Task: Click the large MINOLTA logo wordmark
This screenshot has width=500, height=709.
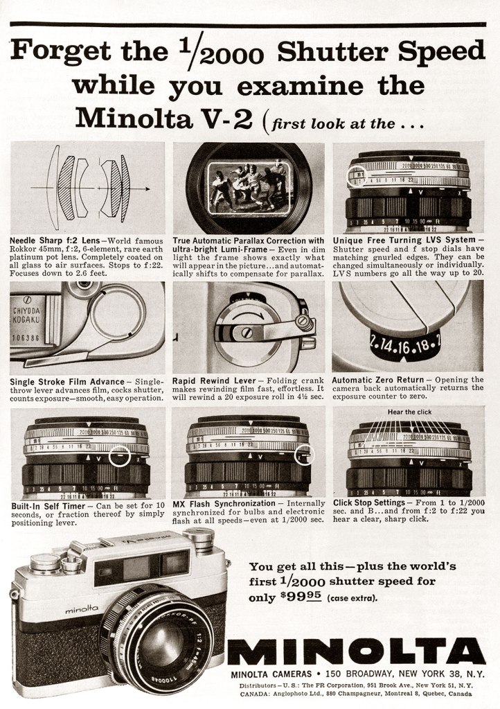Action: click(x=357, y=651)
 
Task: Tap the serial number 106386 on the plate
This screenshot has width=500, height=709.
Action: click(x=24, y=339)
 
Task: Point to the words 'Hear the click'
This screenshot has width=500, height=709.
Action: click(x=409, y=411)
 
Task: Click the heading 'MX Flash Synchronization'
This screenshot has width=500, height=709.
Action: click(x=224, y=503)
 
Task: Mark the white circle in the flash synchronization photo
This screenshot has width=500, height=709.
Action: click(x=304, y=455)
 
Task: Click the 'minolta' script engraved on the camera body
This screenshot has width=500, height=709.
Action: click(x=82, y=609)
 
